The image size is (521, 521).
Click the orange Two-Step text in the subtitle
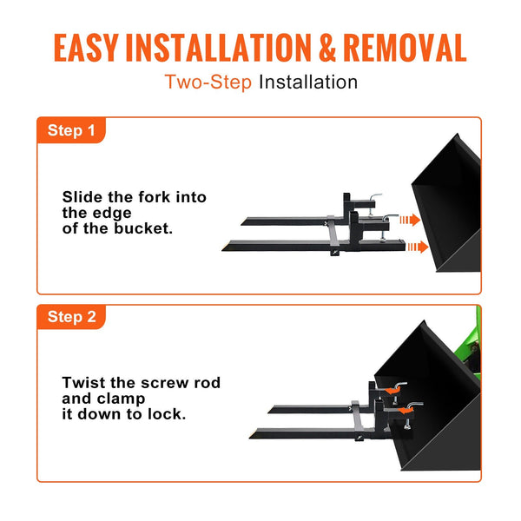(x=208, y=82)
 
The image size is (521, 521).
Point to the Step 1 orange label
(x=71, y=131)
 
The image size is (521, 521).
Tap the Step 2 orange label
(x=71, y=317)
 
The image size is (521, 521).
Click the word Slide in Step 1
(x=82, y=197)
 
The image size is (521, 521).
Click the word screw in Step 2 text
(x=165, y=383)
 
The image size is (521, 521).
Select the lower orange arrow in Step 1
(x=417, y=247)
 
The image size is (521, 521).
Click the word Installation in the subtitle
(x=308, y=82)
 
